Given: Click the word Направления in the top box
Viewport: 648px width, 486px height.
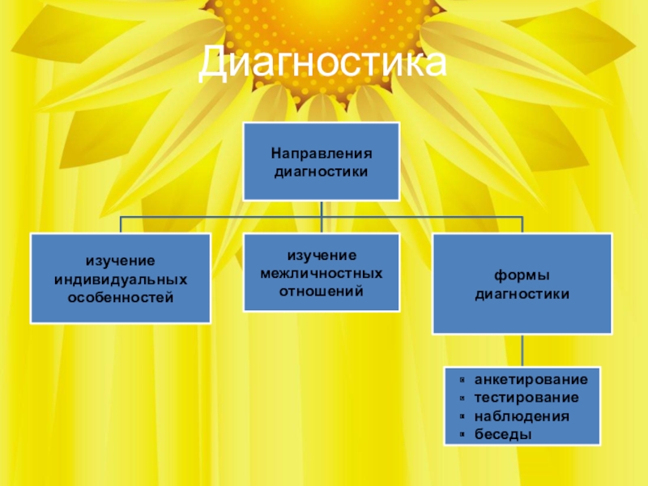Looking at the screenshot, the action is [x=322, y=153].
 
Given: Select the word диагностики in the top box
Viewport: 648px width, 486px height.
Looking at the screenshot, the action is [x=322, y=171].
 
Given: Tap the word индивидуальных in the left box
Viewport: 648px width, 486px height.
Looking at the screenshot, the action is [x=120, y=279].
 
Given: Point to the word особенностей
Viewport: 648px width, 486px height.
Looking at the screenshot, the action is [x=120, y=297].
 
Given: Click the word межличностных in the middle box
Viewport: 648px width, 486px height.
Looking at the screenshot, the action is [x=322, y=272].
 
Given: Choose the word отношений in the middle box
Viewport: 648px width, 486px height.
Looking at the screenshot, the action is [x=322, y=289].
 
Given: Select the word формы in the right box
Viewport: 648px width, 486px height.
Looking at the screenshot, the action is [x=522, y=275].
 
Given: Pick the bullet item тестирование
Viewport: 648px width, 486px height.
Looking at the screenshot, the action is [x=526, y=399].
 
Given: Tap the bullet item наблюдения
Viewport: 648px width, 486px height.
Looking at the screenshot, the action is [x=522, y=416].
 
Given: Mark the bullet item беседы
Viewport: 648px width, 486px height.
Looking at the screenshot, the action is [x=503, y=434].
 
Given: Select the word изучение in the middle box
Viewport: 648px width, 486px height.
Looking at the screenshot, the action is [x=322, y=255].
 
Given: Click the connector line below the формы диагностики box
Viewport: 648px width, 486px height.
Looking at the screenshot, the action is [x=522, y=350].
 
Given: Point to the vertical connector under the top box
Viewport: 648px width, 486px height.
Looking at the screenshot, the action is [x=322, y=209].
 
